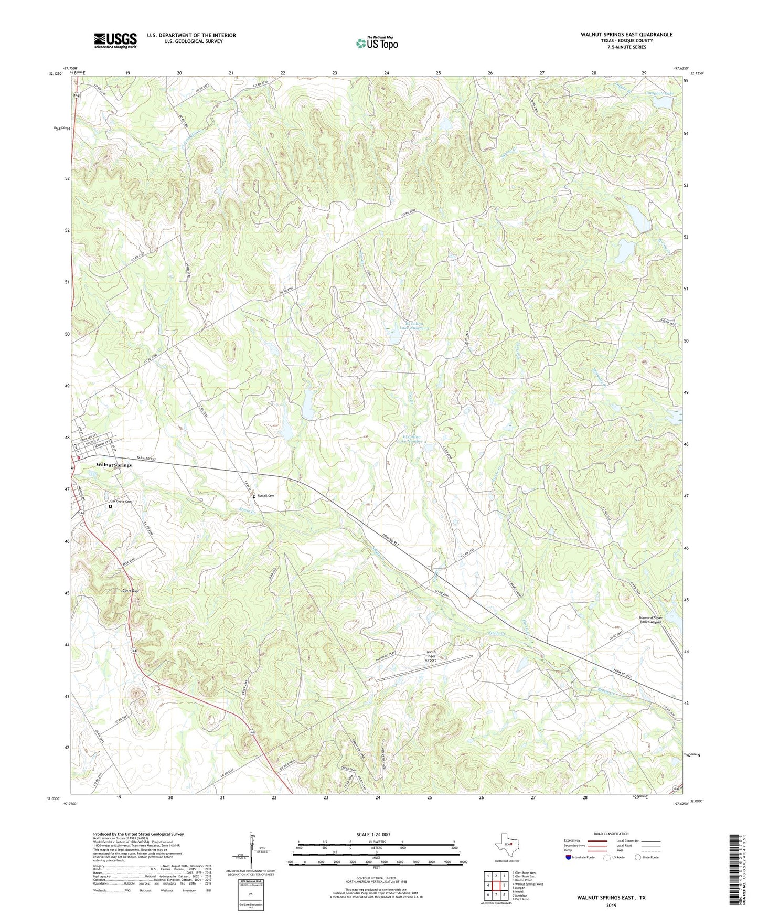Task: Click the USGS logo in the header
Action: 115,40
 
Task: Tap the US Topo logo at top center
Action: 377,43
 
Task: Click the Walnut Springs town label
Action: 114,465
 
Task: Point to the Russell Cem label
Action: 266,496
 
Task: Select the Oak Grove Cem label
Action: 120,502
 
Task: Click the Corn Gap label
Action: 130,590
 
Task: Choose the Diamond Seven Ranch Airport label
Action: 650,620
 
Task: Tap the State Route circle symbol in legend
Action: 638,857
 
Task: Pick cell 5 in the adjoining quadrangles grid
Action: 504,885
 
